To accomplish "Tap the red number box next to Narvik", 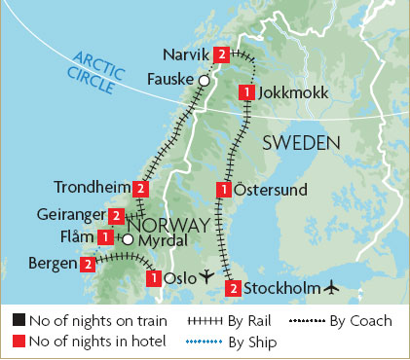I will click(224, 54).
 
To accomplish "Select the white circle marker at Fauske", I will click(204, 80).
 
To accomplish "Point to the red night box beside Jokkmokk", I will click(247, 92).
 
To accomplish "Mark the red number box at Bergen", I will click(89, 264).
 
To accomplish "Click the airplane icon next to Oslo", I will click(205, 278).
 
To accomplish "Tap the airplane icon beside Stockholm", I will click(333, 287).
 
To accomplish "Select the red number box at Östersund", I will click(226, 189).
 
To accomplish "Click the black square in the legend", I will click(19, 319).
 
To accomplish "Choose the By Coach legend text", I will click(359, 319).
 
